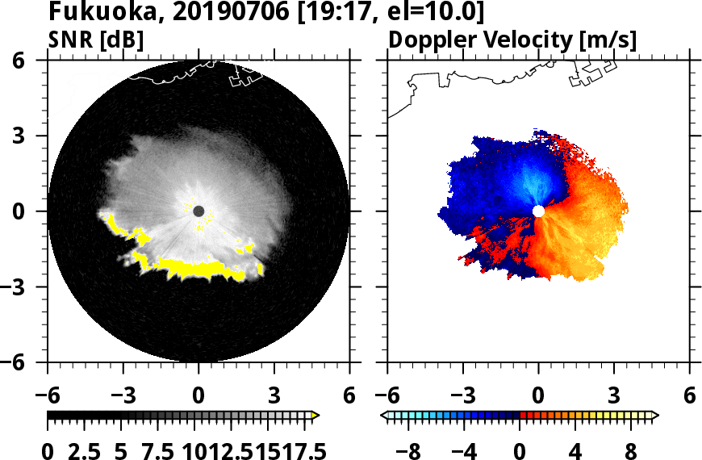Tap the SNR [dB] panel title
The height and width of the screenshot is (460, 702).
[97, 40]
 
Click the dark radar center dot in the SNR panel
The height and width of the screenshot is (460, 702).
[198, 211]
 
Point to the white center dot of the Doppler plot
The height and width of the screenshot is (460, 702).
[538, 211]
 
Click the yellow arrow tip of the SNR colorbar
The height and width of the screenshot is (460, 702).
[315, 416]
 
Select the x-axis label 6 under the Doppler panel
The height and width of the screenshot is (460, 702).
[689, 396]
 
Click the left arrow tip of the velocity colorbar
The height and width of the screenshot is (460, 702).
[383, 416]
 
